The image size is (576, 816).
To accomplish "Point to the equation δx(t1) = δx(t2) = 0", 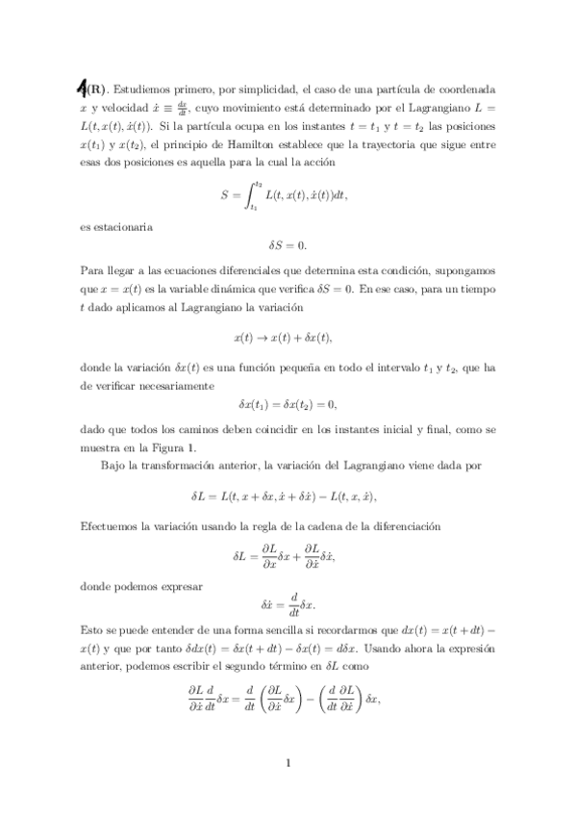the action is [288, 403].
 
